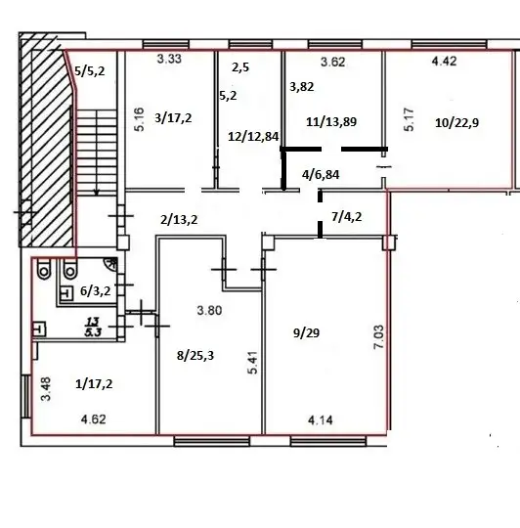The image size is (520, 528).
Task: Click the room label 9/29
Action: point(306,333)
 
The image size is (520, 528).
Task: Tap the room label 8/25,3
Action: point(195,355)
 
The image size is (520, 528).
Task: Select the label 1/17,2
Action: point(94,384)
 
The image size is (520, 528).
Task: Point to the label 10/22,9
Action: point(456,123)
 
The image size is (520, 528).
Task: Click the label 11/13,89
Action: point(331,121)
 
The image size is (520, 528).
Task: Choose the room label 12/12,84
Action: point(253,136)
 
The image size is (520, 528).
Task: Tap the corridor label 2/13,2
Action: point(179,220)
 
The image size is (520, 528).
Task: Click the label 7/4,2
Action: point(347,216)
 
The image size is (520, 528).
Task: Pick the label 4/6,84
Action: point(321,174)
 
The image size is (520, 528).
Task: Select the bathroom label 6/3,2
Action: point(95,290)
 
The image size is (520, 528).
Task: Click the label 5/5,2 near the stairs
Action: point(90,71)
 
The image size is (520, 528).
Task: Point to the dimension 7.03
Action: point(378,336)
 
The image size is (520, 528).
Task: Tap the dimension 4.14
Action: point(321,420)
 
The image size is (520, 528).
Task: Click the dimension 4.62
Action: point(94,419)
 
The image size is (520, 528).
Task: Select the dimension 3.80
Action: point(209,310)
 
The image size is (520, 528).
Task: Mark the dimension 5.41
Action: point(253,363)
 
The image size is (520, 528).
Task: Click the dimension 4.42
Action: point(444,61)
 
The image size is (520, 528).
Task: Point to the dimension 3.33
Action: point(169,59)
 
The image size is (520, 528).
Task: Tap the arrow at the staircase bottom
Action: point(97,192)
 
